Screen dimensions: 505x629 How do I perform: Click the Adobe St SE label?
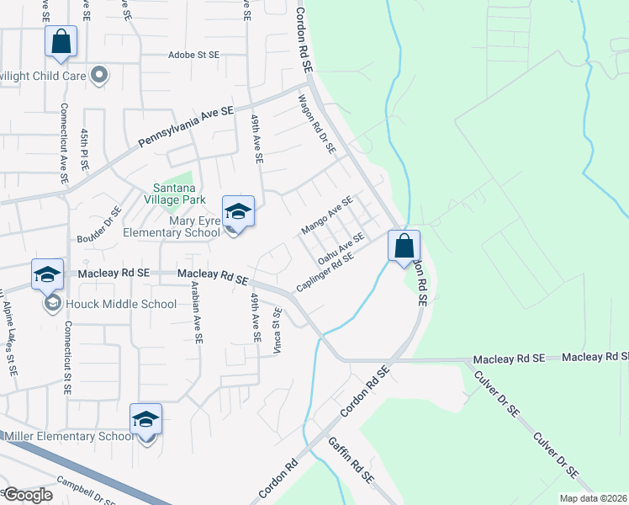(x=193, y=54)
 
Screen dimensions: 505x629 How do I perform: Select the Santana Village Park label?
(x=173, y=195)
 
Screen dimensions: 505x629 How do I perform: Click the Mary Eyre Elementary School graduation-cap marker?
(x=238, y=212)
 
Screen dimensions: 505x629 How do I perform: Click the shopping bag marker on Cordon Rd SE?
(x=404, y=246)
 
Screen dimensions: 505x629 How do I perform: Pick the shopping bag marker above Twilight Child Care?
(x=61, y=41)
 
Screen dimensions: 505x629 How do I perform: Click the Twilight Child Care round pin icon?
(x=99, y=76)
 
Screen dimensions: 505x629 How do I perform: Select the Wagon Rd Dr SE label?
(x=317, y=125)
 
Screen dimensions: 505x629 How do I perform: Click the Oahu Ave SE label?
(x=340, y=249)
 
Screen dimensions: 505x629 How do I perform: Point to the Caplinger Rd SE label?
(x=323, y=274)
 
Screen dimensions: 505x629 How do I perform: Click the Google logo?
(x=29, y=495)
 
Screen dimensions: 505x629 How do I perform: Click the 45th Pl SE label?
(x=84, y=149)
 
